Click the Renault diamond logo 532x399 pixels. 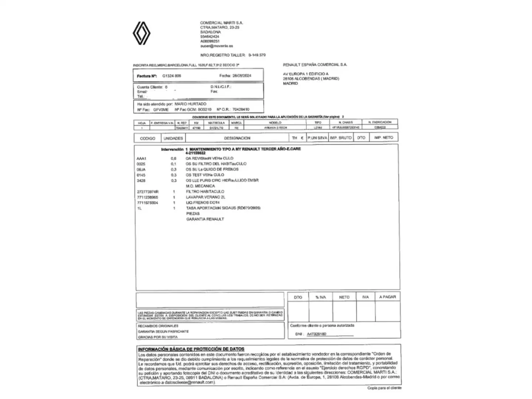[x=141, y=33]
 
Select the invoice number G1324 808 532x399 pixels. [x=172, y=76]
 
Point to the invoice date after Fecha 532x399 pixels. [x=242, y=76]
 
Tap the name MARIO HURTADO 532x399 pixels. [x=190, y=104]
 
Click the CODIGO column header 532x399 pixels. [x=147, y=138]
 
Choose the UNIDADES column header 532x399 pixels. [x=173, y=138]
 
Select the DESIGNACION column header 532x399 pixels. [x=237, y=138]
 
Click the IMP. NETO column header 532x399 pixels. [x=383, y=138]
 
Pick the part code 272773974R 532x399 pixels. [x=147, y=192]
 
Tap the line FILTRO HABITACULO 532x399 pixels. [x=205, y=192]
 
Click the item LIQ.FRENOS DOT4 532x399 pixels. [x=202, y=203]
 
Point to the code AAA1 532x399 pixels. [x=141, y=158]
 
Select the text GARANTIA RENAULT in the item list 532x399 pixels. [x=205, y=219]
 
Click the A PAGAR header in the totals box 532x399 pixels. [x=387, y=297]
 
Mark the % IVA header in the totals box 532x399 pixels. [x=321, y=297]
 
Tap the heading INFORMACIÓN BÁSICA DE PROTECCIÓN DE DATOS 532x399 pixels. [x=191, y=349]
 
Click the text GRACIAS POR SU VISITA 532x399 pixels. [x=158, y=337]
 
